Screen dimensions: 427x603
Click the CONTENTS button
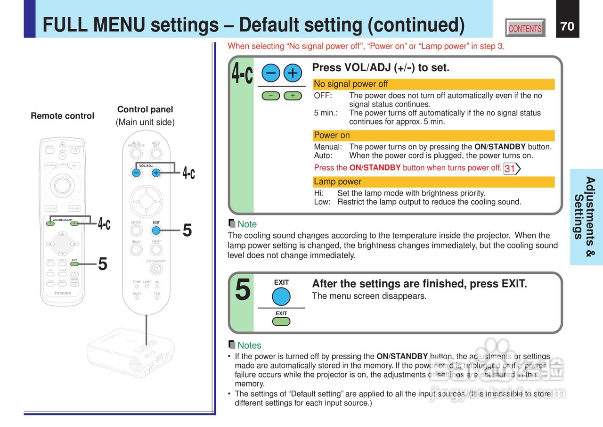point(525,28)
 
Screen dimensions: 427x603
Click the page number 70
point(567,26)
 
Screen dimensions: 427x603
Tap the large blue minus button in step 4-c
point(271,73)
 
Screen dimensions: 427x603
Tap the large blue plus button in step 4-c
point(293,73)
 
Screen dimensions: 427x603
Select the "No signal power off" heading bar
point(433,84)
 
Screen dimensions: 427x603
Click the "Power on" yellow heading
point(433,136)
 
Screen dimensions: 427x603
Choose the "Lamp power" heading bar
point(433,182)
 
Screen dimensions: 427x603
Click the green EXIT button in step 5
point(281,321)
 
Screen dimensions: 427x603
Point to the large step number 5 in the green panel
point(243,290)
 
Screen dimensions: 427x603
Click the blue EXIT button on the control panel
point(156,230)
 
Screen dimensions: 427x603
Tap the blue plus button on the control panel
point(156,173)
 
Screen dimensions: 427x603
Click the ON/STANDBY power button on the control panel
point(156,269)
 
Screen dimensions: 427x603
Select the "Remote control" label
point(62,116)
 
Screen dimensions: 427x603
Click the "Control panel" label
point(145,109)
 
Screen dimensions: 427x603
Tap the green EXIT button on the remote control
point(74,264)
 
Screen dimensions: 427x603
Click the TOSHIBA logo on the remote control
point(63,293)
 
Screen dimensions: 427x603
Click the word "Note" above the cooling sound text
point(247,224)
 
